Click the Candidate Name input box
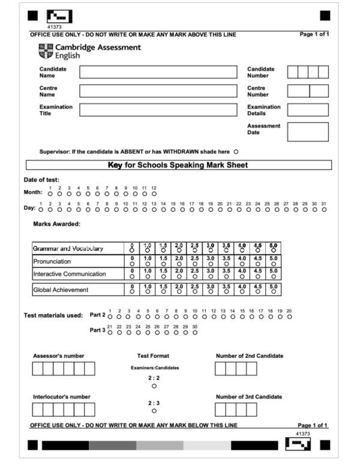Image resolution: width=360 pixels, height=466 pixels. click(x=158, y=72)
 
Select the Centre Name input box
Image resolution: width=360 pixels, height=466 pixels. click(x=158, y=91)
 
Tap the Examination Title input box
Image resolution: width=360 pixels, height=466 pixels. click(x=158, y=110)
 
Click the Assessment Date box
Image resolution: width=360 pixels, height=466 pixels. click(x=308, y=132)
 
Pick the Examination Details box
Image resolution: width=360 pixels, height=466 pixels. click(x=308, y=110)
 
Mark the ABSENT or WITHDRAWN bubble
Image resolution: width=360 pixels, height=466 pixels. click(x=236, y=151)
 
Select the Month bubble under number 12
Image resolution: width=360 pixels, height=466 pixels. click(x=154, y=193)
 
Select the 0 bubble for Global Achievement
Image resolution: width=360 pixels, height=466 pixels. click(x=132, y=292)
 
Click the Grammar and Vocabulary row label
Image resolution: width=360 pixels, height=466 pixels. click(x=69, y=248)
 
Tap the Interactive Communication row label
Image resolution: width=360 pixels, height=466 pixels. click(x=70, y=274)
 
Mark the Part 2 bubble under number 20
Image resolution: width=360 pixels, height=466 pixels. click(x=289, y=315)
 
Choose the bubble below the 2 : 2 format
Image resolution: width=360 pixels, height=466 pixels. click(x=154, y=387)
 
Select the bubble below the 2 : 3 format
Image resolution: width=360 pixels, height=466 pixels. click(x=154, y=411)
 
